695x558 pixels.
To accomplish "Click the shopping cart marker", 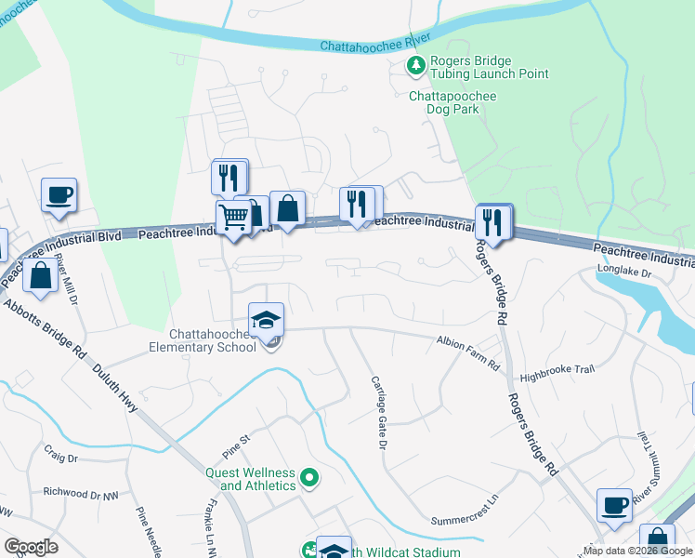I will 233,218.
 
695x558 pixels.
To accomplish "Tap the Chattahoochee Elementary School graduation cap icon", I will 266,319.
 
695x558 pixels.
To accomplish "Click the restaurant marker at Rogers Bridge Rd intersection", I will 493,223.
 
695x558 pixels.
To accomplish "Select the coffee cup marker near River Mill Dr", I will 59,195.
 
